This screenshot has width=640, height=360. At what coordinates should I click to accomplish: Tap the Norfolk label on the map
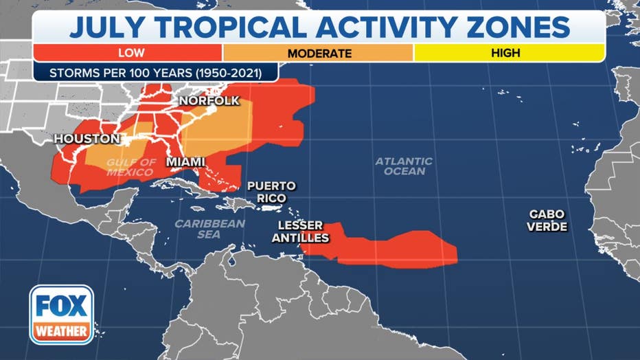coord(209,101)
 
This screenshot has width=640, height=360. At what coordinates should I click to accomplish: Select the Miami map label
coord(186,161)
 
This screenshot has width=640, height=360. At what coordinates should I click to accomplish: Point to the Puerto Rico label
coord(271,192)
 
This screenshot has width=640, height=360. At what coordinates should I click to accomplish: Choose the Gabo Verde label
coord(547,220)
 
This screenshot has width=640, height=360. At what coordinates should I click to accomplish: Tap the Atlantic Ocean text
coord(404,166)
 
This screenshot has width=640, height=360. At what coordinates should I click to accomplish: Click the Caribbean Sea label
coord(210,229)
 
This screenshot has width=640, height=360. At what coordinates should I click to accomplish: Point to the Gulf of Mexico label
coord(131,167)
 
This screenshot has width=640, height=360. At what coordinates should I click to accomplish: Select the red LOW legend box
coord(127,53)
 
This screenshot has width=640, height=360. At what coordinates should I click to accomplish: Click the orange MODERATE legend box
coord(319,53)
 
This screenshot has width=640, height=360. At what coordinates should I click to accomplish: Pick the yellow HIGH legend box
coord(508,53)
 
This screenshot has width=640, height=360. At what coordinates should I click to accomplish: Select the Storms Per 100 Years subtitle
coord(155,72)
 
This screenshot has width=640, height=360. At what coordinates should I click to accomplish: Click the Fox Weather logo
coord(62,314)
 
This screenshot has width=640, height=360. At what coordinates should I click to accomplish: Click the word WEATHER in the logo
coord(62,331)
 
